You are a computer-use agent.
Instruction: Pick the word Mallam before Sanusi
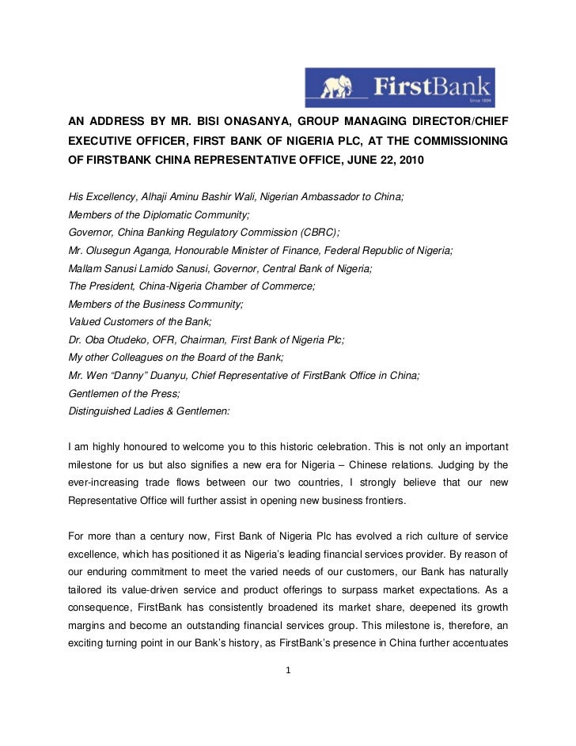pyautogui.click(x=85, y=268)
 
